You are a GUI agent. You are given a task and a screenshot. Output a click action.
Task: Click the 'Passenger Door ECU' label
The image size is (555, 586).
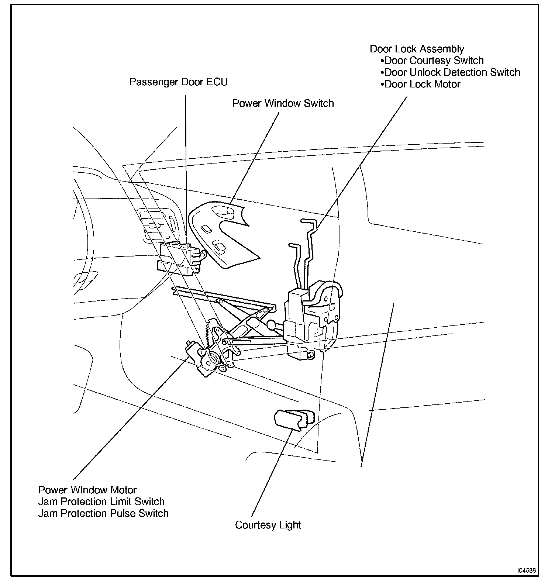(x=178, y=82)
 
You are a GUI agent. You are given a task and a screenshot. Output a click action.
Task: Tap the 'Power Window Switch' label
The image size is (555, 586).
(x=283, y=103)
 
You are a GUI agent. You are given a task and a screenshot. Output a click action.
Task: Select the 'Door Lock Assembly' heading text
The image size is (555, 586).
(x=417, y=49)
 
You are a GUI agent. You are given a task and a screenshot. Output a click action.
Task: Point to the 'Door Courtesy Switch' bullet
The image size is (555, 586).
(x=434, y=61)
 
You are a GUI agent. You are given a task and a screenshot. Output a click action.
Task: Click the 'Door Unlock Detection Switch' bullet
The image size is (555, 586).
(x=452, y=72)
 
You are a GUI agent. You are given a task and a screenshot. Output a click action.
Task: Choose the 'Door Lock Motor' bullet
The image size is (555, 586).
(x=422, y=84)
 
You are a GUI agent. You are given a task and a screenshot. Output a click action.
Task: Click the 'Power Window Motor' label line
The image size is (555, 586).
(x=87, y=490)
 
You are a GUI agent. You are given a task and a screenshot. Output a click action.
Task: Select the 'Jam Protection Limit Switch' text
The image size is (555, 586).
(x=101, y=502)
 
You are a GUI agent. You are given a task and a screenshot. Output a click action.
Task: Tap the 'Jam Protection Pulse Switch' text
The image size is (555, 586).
(x=103, y=514)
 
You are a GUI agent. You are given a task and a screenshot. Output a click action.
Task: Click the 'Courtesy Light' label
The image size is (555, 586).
(x=268, y=525)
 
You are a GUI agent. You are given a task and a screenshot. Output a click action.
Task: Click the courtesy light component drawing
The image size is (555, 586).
(x=294, y=419)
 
